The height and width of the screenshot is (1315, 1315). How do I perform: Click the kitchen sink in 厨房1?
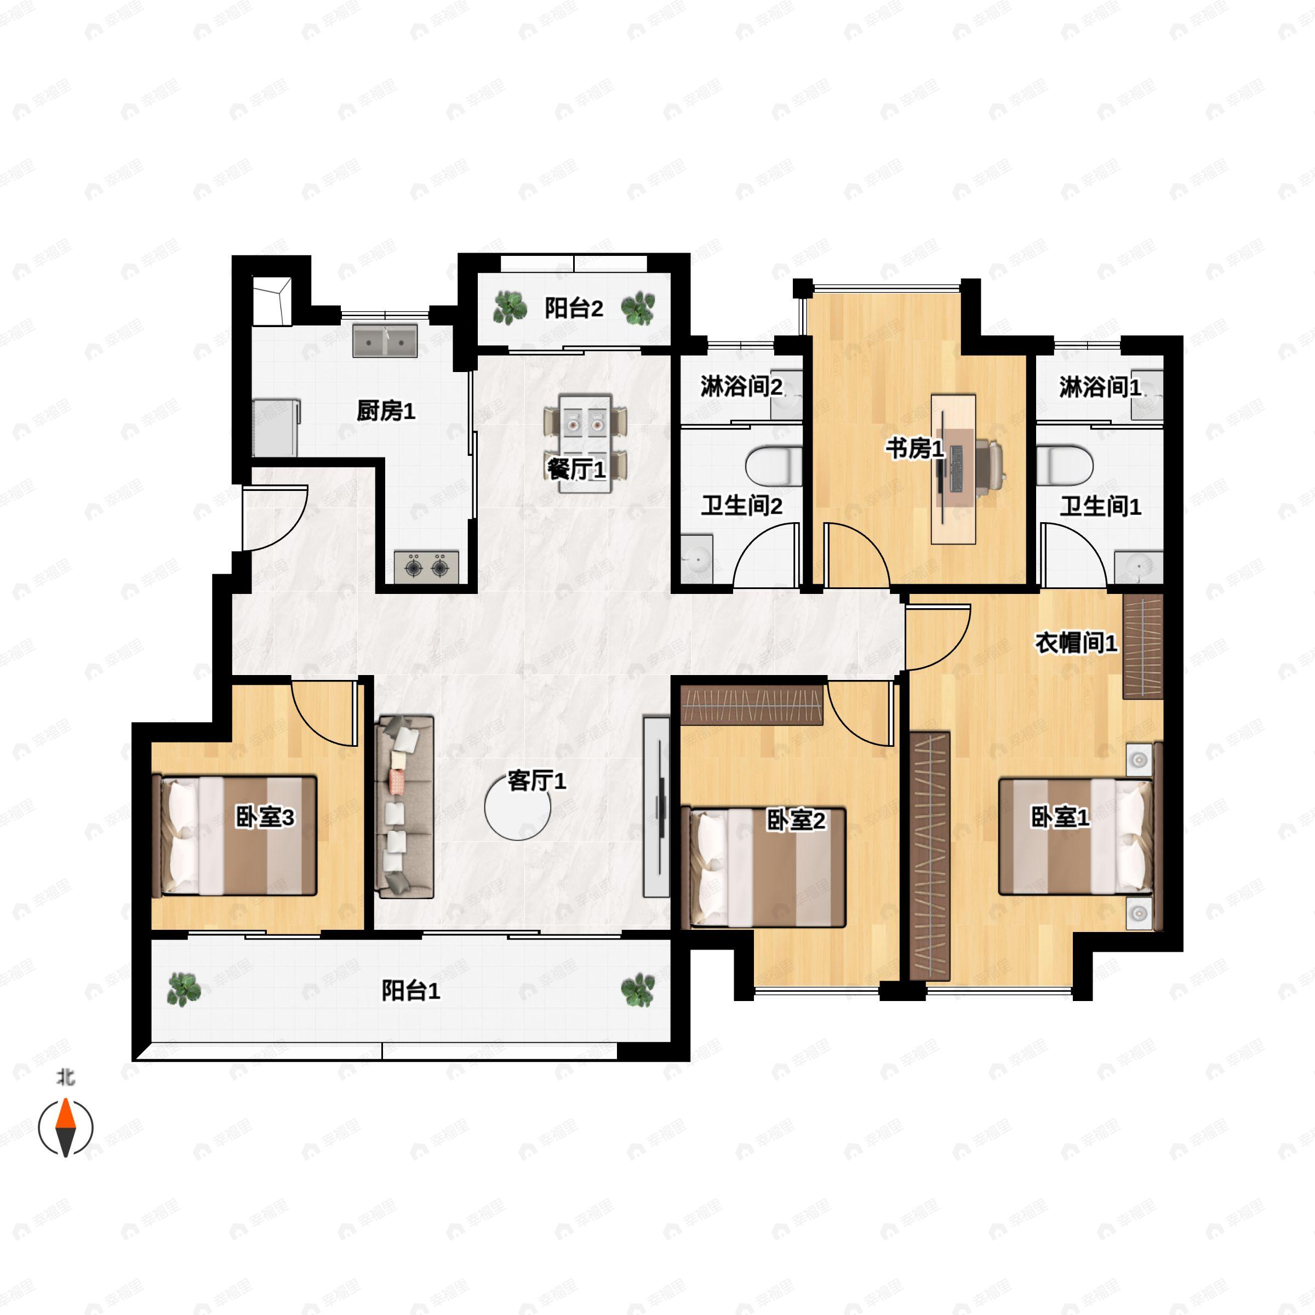tap(385, 340)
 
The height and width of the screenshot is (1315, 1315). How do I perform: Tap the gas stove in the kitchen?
tap(426, 567)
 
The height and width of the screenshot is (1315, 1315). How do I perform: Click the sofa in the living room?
tap(404, 807)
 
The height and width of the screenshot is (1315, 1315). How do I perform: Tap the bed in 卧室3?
tap(238, 835)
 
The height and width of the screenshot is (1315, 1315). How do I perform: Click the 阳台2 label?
tap(574, 308)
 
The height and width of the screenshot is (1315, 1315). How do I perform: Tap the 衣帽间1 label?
tap(1076, 643)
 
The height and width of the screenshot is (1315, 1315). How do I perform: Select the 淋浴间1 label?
tap(1100, 387)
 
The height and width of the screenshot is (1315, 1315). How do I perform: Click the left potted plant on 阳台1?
tap(184, 990)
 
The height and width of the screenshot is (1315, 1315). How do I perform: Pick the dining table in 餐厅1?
tap(585, 443)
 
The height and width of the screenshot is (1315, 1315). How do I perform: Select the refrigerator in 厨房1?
tap(276, 428)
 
